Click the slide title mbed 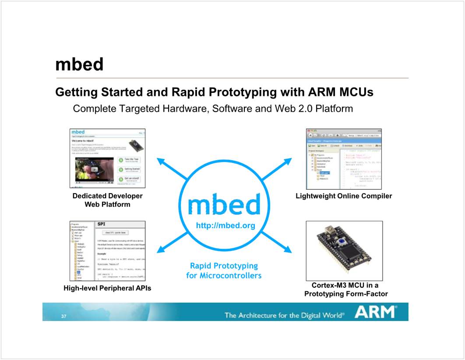point(79,64)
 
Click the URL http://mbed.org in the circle point(225,226)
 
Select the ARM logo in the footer point(376,312)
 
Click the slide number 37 point(63,316)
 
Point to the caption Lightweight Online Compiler point(344,196)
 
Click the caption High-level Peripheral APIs point(107,288)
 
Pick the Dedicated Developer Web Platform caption point(107,200)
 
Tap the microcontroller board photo point(344,251)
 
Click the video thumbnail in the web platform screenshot point(94,169)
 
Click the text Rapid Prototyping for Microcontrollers point(224,271)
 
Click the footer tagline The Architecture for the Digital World point(284,315)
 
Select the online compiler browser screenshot point(344,159)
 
